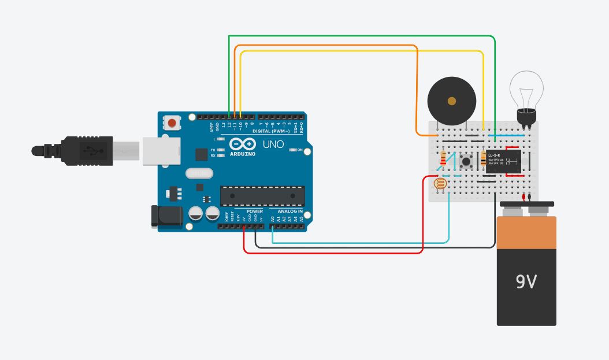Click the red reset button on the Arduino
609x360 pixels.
(172, 123)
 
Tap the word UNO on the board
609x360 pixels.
(273, 144)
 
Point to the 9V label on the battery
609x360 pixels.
(526, 281)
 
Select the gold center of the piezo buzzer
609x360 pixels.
(451, 101)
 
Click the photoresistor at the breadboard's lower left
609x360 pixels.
(440, 184)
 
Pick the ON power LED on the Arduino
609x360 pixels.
(292, 150)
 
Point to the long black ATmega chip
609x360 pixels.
(262, 196)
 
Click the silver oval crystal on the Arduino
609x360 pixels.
(199, 173)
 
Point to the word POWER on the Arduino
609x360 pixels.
(255, 211)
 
